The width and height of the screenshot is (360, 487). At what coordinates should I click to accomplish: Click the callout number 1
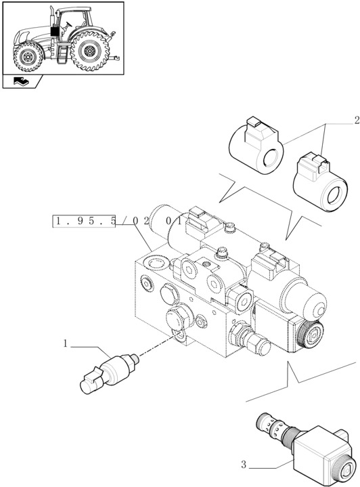coord(66,343)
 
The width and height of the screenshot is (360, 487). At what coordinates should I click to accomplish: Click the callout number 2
coord(356,121)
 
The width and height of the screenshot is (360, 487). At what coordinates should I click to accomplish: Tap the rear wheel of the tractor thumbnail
coord(90,53)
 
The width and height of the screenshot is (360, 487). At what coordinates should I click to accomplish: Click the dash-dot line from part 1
coord(155,345)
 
